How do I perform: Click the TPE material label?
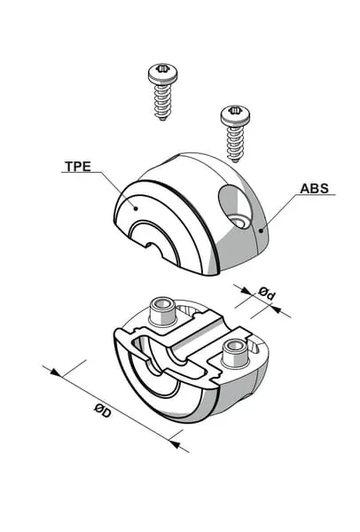tap(78, 167)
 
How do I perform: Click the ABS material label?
tap(314, 189)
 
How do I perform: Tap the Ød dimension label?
tap(266, 293)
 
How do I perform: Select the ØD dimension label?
tap(103, 411)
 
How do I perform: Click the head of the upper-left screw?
tap(163, 74)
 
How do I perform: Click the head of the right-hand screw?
tap(235, 114)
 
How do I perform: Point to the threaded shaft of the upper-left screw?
tap(163, 101)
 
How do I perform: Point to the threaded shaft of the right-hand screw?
tap(234, 142)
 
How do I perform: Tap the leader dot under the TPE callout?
tap(136, 208)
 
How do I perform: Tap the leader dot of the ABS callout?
tap(261, 231)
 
